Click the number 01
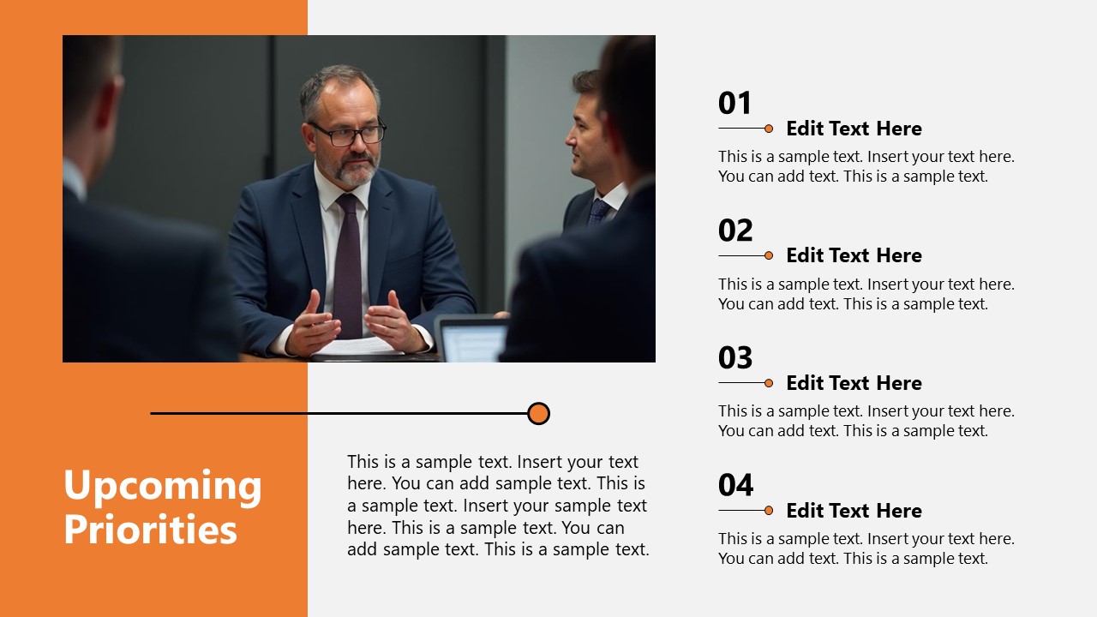(x=734, y=104)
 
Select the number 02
(x=735, y=231)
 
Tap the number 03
(x=735, y=358)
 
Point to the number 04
(x=735, y=485)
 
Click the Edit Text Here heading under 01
(x=854, y=129)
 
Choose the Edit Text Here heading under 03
(x=854, y=383)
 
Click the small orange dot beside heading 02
(x=769, y=255)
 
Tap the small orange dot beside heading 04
(x=769, y=511)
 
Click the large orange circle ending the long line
(x=538, y=414)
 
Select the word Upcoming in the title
(x=163, y=486)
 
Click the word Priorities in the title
(x=150, y=529)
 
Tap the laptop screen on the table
(x=471, y=340)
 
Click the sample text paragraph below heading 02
(x=866, y=294)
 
